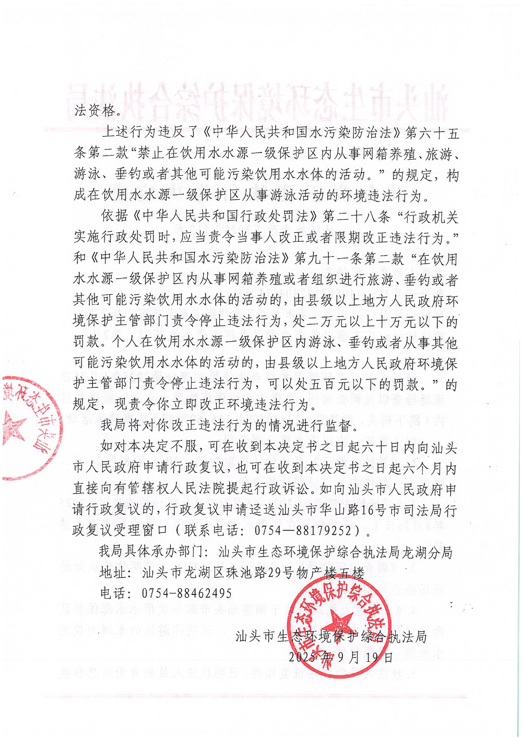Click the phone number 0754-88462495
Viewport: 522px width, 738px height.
(186, 593)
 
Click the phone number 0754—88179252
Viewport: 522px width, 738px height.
(303, 530)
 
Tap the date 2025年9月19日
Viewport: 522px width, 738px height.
(340, 657)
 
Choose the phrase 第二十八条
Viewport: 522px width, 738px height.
(357, 216)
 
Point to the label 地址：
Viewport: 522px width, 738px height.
(114, 573)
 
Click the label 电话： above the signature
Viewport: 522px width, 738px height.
(114, 593)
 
